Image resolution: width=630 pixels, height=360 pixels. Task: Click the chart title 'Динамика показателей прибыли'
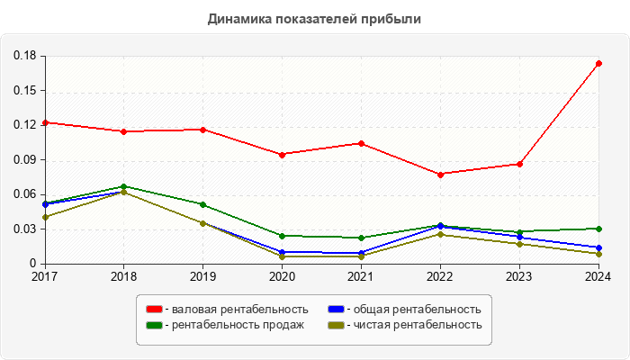(x=314, y=18)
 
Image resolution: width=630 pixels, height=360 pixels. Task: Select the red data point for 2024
(x=598, y=64)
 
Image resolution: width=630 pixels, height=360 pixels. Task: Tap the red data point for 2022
(x=440, y=175)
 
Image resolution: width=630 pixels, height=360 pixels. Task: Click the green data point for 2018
(x=123, y=186)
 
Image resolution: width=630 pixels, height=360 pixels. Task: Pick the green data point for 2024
(x=598, y=229)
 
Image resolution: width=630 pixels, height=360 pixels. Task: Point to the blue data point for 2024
(x=598, y=248)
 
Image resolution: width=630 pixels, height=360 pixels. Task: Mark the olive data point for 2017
(x=44, y=217)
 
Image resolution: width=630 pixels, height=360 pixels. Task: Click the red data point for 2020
(x=282, y=155)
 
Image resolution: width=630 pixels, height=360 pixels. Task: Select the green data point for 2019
(x=202, y=205)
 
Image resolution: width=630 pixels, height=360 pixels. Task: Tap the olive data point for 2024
(x=598, y=254)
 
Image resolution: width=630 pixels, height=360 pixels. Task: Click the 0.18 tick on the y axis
(x=24, y=56)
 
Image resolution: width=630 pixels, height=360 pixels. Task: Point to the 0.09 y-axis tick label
(x=24, y=160)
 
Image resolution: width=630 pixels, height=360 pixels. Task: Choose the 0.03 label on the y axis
(x=24, y=229)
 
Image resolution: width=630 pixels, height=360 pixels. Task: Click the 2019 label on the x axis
(x=202, y=276)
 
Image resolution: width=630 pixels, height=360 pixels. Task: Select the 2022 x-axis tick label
(x=440, y=276)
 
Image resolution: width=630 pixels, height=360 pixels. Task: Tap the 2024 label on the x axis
(x=598, y=276)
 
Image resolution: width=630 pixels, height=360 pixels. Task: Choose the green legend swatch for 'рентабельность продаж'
(x=154, y=325)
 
